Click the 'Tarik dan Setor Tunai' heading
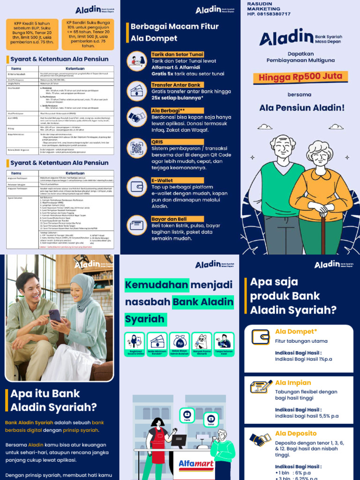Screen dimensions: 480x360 click(x=177, y=55)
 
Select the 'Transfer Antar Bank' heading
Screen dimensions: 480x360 click(x=176, y=85)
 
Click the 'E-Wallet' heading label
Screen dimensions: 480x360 click(x=162, y=180)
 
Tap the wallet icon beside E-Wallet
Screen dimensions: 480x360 click(x=137, y=185)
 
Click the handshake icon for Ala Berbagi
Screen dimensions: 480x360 click(x=137, y=116)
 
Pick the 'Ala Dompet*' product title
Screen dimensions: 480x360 click(x=296, y=331)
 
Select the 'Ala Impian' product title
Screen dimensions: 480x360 click(x=293, y=382)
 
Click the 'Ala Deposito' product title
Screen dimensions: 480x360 click(x=296, y=433)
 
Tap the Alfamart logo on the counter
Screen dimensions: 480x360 click(x=196, y=464)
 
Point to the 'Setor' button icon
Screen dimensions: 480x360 click(x=211, y=418)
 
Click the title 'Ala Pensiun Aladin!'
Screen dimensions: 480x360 click(x=302, y=108)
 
